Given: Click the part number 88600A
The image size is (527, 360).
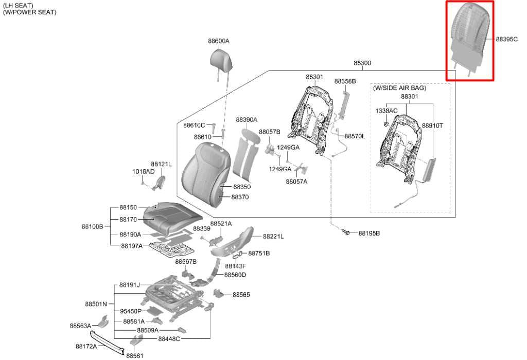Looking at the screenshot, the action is (x=218, y=41).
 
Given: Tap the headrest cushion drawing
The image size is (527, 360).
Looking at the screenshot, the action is (x=221, y=60).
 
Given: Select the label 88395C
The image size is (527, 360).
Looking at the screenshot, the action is (x=507, y=39).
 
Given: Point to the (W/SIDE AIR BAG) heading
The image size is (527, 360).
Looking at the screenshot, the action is (x=399, y=87).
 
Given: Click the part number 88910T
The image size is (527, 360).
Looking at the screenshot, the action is (x=432, y=125).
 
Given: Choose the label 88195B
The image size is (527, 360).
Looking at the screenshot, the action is (x=369, y=233).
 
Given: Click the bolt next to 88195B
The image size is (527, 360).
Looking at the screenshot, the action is (x=345, y=232).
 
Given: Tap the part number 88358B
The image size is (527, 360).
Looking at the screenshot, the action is (x=345, y=81).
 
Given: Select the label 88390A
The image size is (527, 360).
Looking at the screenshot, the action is (x=247, y=119).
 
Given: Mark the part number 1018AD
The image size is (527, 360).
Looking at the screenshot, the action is (x=143, y=172).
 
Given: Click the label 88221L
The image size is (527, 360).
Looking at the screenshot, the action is (x=273, y=237).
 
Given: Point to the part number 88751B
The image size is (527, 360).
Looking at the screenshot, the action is (x=259, y=253).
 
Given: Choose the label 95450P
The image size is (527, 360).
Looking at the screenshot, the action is (x=131, y=311).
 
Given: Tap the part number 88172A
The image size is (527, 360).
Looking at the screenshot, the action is (x=86, y=346).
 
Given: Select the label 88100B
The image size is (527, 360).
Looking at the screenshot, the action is (x=93, y=227).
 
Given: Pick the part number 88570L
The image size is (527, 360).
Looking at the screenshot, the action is (x=355, y=136).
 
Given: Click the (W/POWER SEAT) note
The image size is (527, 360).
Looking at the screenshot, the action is (x=29, y=12).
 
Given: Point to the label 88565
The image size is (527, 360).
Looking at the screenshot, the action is (x=241, y=295).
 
